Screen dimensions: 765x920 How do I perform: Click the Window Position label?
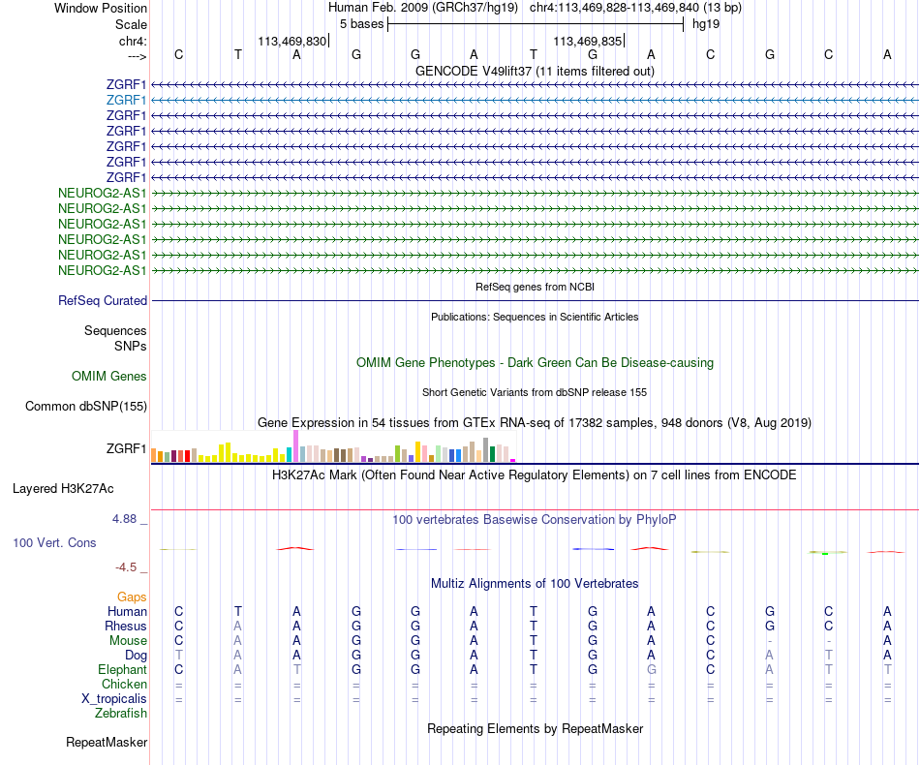tap(101, 8)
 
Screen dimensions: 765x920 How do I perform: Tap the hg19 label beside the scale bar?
tap(704, 23)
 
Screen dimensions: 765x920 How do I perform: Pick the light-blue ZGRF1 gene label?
tap(126, 100)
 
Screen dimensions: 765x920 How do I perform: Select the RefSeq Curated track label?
tap(103, 301)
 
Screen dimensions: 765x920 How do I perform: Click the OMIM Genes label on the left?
tap(108, 377)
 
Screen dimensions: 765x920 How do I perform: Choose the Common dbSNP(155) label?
tap(86, 407)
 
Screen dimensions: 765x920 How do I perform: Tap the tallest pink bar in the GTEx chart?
tap(295, 446)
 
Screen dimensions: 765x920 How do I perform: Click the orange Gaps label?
tap(132, 597)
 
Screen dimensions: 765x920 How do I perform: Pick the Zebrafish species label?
tap(120, 714)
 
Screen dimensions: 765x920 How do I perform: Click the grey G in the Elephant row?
tap(652, 670)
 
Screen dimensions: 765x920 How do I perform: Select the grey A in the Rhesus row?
tap(238, 627)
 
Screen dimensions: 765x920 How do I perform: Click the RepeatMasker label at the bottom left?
tap(107, 744)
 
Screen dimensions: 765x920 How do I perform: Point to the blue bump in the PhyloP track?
tap(593, 549)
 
